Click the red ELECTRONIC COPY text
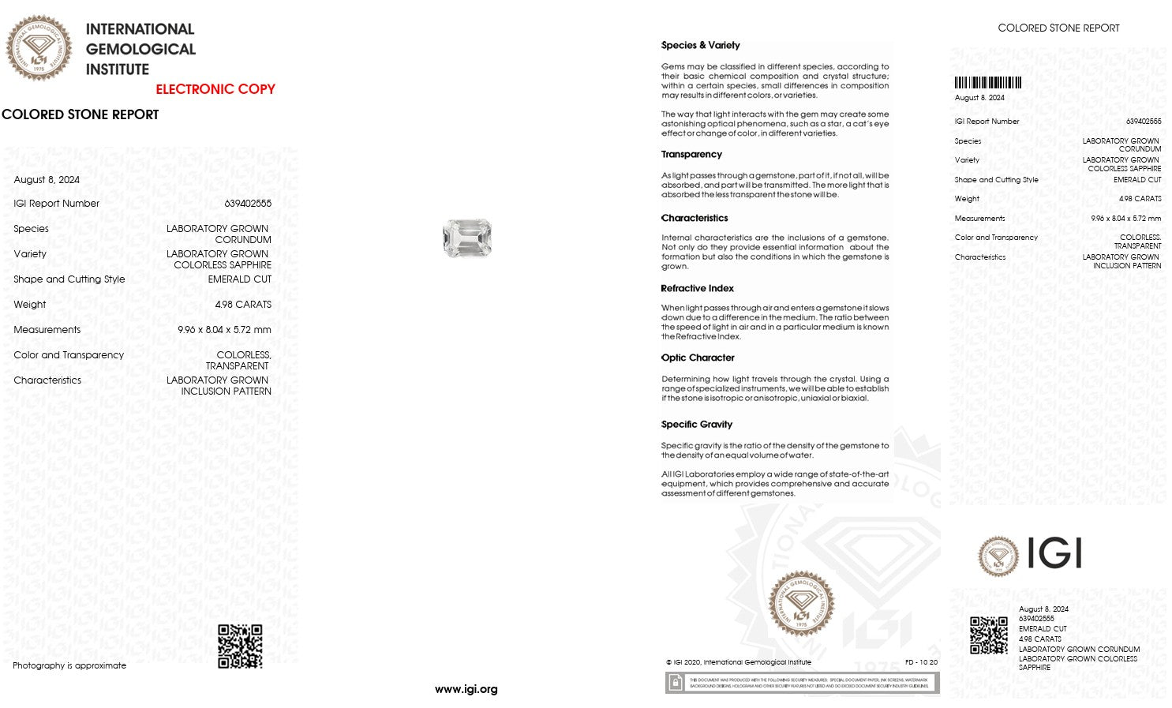pyautogui.click(x=215, y=89)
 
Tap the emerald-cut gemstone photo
pyautogui.click(x=467, y=238)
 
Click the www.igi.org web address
pyautogui.click(x=466, y=689)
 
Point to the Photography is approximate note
pyautogui.click(x=69, y=665)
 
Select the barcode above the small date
pyautogui.click(x=987, y=83)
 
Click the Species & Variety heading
pyautogui.click(x=700, y=45)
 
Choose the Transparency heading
pyautogui.click(x=691, y=154)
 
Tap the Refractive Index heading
pyautogui.click(x=697, y=288)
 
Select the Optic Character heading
pyautogui.click(x=698, y=358)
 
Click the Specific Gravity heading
pyautogui.click(x=696, y=424)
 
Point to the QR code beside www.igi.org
pyautogui.click(x=240, y=646)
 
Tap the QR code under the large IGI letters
pyautogui.click(x=989, y=635)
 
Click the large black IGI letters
pyautogui.click(x=1054, y=554)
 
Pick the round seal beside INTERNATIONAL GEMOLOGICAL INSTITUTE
pyautogui.click(x=39, y=48)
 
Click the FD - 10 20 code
pyautogui.click(x=921, y=662)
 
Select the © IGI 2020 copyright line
pyautogui.click(x=738, y=662)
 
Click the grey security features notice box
pyautogui.click(x=802, y=683)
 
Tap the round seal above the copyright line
pyautogui.click(x=801, y=604)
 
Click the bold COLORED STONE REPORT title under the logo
pyautogui.click(x=81, y=114)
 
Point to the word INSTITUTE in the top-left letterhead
pyautogui.click(x=118, y=69)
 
